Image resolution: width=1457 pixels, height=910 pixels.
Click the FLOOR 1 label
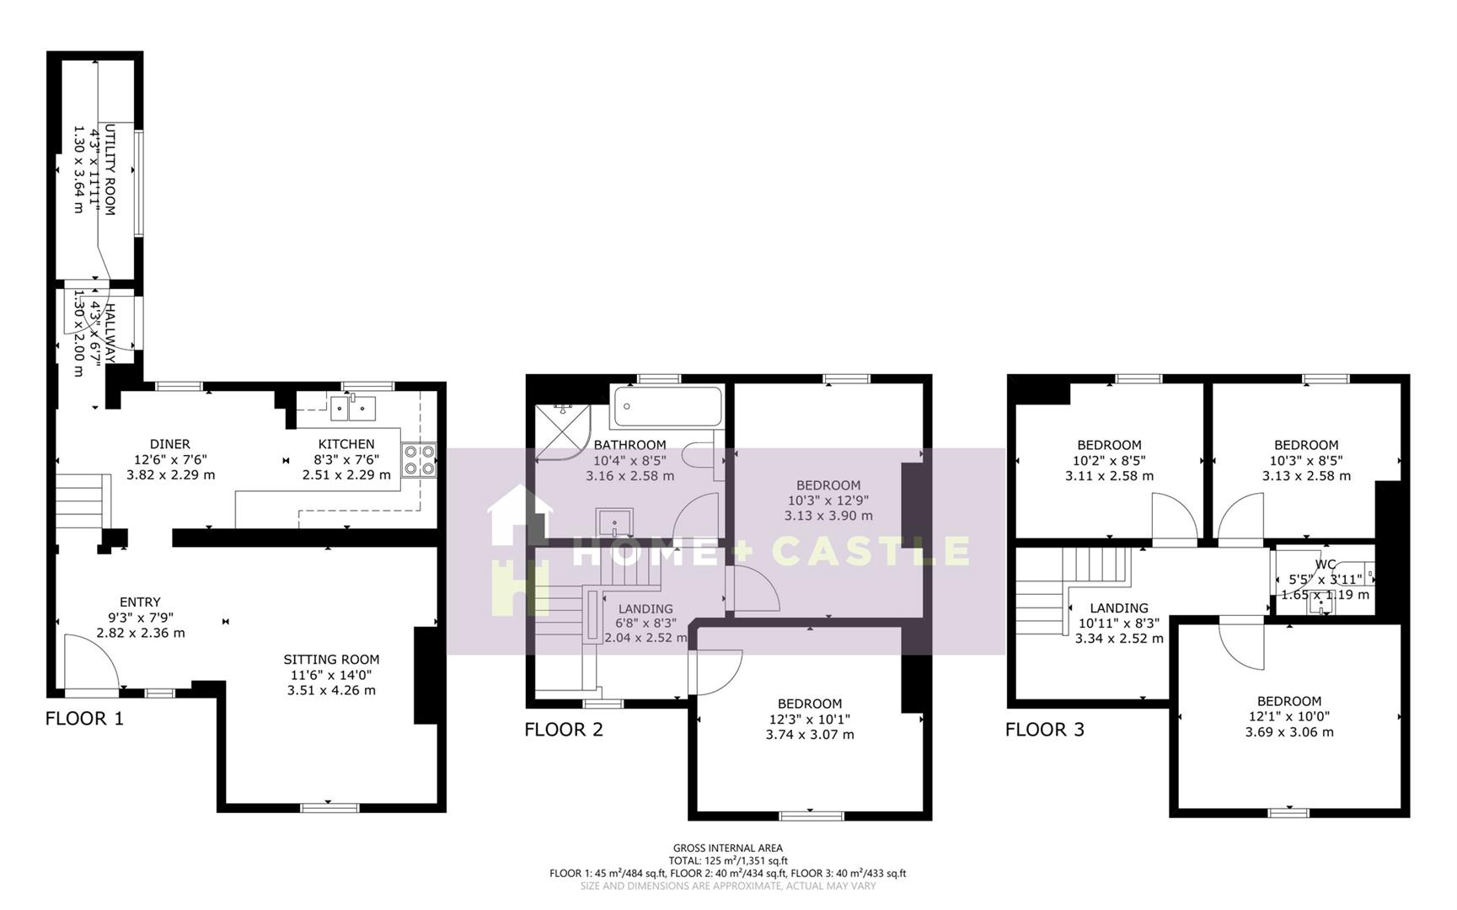pyautogui.click(x=84, y=719)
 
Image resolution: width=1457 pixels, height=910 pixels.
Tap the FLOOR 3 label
pyautogui.click(x=1044, y=730)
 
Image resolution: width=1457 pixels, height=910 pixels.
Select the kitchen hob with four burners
pyautogui.click(x=419, y=460)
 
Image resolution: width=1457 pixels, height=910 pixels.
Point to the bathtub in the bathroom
pyautogui.click(x=667, y=406)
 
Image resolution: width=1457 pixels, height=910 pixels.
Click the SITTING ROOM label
pyautogui.click(x=331, y=660)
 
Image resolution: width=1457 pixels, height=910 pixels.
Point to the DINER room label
pyautogui.click(x=169, y=444)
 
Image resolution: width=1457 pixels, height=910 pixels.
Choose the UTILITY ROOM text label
pyautogui.click(x=109, y=170)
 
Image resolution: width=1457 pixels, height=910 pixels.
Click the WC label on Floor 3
pyautogui.click(x=1325, y=565)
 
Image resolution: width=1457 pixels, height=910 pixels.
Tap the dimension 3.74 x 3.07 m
pyautogui.click(x=809, y=735)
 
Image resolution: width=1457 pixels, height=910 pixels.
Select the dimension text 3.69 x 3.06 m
pyautogui.click(x=1288, y=732)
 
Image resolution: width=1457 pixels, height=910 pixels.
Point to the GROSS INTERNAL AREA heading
pyautogui.click(x=727, y=848)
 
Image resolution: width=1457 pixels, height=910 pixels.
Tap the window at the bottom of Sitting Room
pyautogui.click(x=324, y=808)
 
